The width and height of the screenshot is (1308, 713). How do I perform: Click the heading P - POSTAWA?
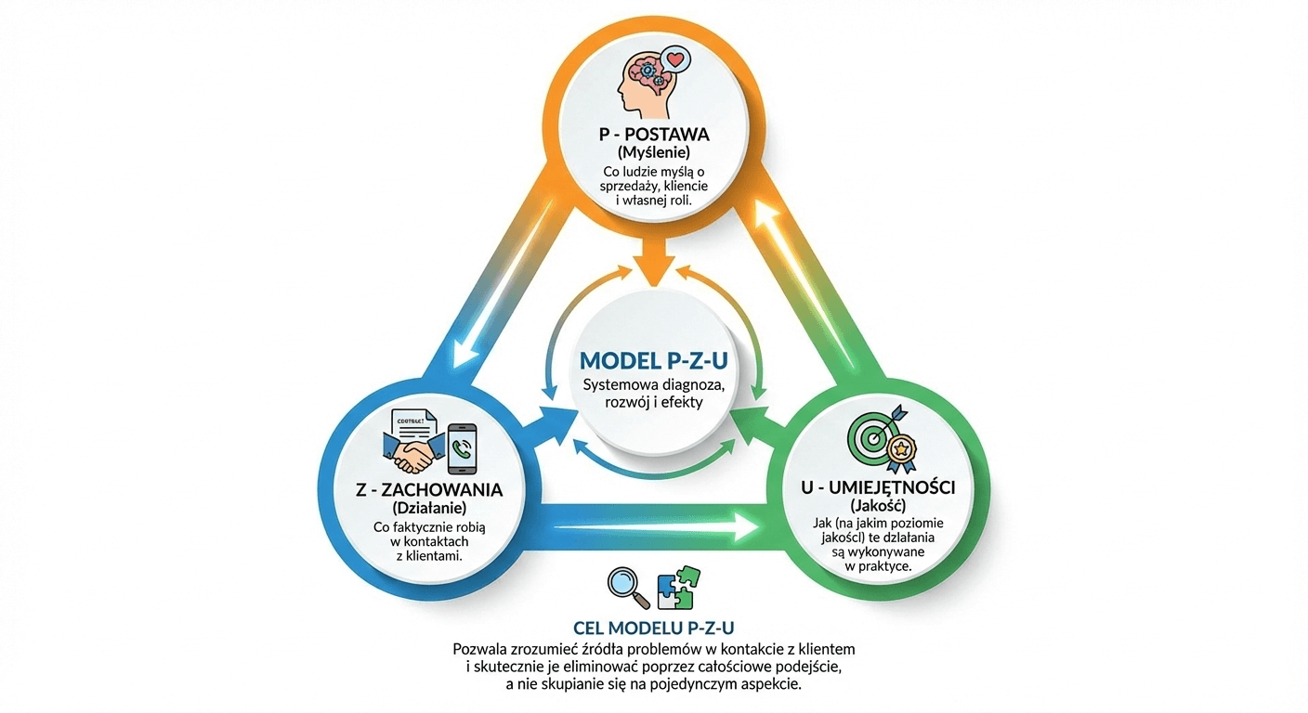[654, 135]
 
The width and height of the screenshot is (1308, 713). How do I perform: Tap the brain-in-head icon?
[642, 82]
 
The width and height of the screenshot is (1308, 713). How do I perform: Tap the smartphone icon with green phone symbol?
[462, 449]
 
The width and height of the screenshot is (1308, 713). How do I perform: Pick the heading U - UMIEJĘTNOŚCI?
[877, 487]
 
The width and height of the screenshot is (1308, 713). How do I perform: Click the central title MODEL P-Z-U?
[653, 360]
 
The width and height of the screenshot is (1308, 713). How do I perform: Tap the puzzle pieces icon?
[678, 586]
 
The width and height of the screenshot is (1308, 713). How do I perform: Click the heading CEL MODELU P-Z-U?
[653, 627]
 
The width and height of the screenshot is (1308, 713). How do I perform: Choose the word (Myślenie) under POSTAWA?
[653, 153]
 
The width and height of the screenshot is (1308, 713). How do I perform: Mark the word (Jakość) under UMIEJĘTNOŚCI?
[877, 506]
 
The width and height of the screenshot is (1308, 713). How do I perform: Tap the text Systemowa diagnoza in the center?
[653, 384]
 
